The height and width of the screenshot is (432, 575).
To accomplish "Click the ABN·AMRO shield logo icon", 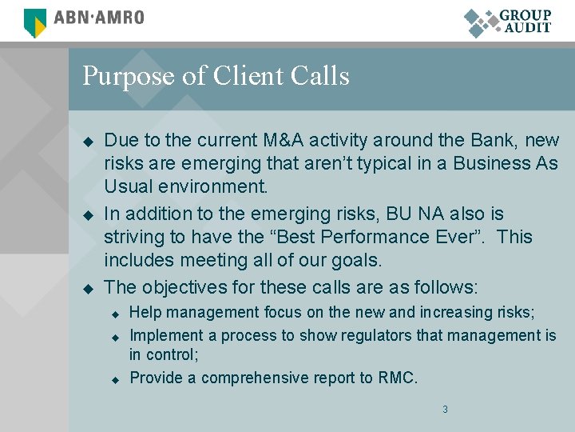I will point(35,22).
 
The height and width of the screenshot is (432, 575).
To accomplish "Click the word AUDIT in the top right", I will point(527,27).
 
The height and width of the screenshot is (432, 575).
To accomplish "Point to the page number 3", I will point(445,410).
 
